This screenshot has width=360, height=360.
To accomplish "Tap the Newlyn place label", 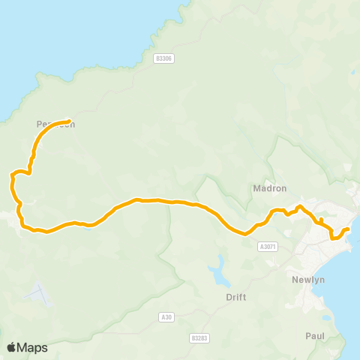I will click(x=306, y=280).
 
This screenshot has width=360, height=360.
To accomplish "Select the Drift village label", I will click(x=235, y=297).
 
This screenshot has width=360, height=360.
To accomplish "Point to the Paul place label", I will click(x=315, y=336).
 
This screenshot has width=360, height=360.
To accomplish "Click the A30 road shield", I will click(x=166, y=317).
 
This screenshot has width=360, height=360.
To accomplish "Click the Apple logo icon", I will click(x=11, y=347).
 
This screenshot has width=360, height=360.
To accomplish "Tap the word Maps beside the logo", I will click(x=33, y=347).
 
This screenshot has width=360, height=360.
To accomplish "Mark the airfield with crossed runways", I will click(x=38, y=293).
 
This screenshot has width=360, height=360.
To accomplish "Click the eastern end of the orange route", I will click(x=348, y=229).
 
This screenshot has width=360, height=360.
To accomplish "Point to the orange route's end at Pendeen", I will click(x=69, y=121).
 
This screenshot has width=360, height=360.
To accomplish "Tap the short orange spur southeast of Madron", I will click(x=320, y=220).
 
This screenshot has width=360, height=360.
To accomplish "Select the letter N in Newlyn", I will click(x=293, y=280).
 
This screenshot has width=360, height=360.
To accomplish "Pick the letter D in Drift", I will click(x=228, y=297).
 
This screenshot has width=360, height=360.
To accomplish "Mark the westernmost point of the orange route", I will click(x=10, y=177).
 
